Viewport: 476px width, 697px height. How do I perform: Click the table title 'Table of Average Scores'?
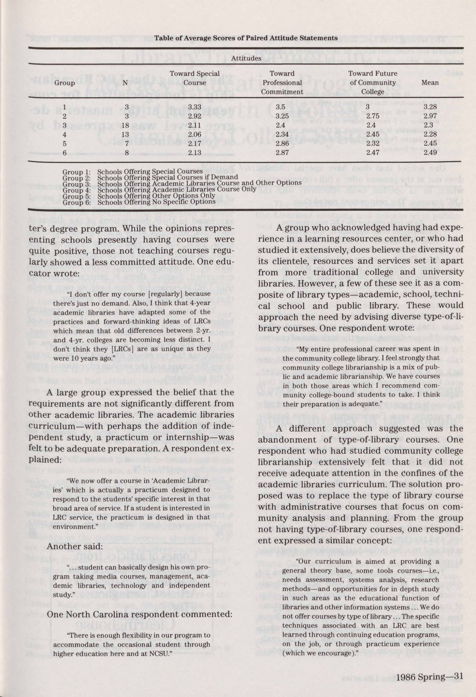click(x=246, y=38)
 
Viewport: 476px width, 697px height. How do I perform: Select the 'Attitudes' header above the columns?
click(x=246, y=59)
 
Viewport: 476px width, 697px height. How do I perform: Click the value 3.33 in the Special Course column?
click(x=195, y=107)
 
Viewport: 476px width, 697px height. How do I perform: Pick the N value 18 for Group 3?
click(x=127, y=125)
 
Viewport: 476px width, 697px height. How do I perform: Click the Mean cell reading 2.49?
click(x=430, y=152)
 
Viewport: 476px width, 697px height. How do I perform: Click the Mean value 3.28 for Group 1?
click(x=430, y=107)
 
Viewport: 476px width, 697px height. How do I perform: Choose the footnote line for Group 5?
click(x=139, y=196)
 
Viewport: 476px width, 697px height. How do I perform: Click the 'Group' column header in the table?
click(x=64, y=83)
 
